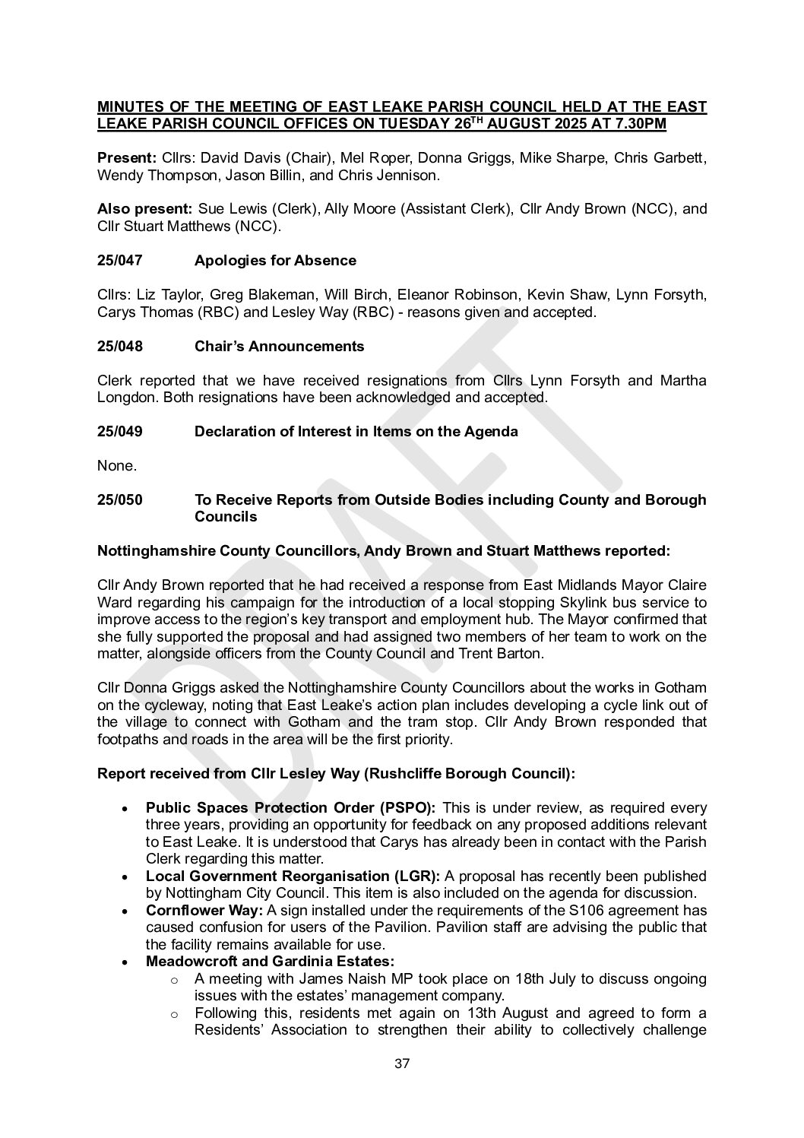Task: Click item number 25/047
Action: click(120, 261)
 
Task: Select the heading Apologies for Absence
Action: click(275, 261)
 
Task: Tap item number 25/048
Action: click(120, 347)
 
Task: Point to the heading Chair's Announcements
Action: click(279, 347)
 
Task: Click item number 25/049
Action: click(120, 432)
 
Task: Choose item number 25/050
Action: click(120, 500)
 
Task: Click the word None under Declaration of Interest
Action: click(112, 465)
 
